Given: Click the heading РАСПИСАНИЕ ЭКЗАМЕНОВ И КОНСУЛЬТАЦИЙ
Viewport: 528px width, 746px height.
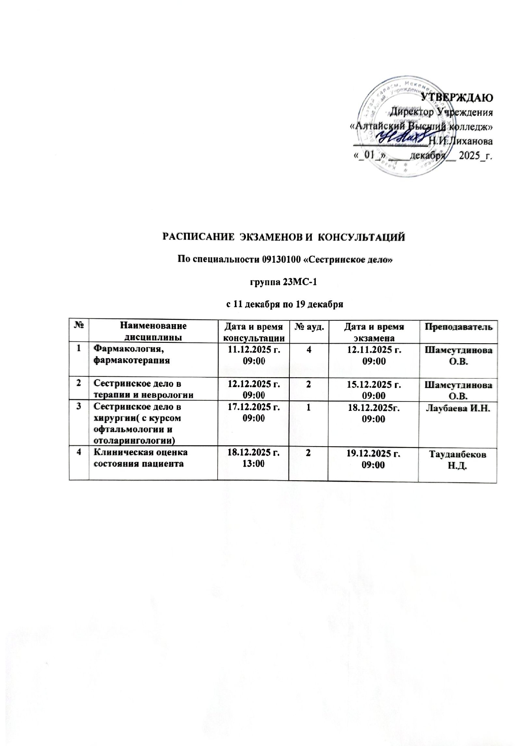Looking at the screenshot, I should [x=284, y=236].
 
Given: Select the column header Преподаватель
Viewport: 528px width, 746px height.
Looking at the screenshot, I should [x=457, y=327].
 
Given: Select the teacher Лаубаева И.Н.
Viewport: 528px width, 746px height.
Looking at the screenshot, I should [x=457, y=409].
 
